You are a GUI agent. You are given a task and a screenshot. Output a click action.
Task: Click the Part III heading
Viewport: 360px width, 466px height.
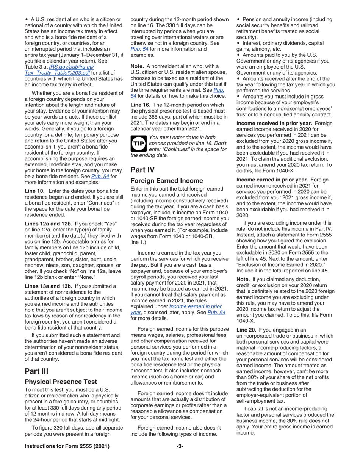pos(36,371)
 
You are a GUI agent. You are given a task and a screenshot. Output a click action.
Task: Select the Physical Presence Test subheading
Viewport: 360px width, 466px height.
pos(61,382)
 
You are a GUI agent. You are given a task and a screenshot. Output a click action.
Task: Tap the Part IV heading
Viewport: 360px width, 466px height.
pos(142,170)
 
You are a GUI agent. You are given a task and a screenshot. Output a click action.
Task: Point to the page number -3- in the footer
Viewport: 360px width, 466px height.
pos(180,446)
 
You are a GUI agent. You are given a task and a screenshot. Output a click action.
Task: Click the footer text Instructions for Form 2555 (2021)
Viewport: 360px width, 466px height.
pos(67,446)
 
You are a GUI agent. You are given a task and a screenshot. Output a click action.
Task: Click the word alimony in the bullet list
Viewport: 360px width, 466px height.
pos(259,49)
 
